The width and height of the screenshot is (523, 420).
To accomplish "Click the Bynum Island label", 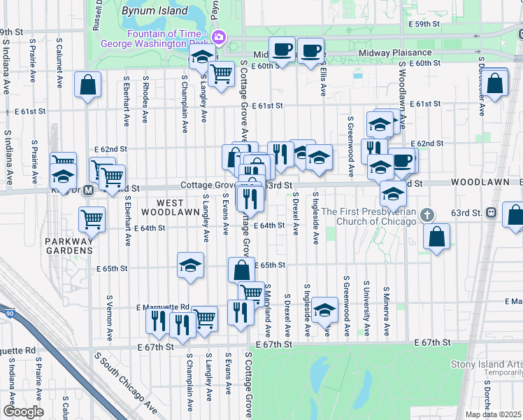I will click(155, 10).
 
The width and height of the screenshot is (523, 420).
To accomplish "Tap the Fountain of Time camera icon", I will click(218, 36).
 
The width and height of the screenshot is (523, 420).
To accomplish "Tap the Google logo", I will click(23, 412).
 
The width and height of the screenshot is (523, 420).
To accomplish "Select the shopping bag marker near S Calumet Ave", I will click(88, 85).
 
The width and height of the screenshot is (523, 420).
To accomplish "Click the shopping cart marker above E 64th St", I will click(92, 219).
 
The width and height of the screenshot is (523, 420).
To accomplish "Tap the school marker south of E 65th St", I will click(190, 265).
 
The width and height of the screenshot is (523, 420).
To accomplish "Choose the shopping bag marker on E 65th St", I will click(241, 269).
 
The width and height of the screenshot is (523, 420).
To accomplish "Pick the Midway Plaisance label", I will click(395, 53).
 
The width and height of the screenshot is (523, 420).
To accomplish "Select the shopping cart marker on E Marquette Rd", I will click(205, 318).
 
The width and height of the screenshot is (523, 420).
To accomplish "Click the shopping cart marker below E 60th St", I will click(221, 73).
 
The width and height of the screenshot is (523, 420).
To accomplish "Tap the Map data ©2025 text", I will click(494, 414).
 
